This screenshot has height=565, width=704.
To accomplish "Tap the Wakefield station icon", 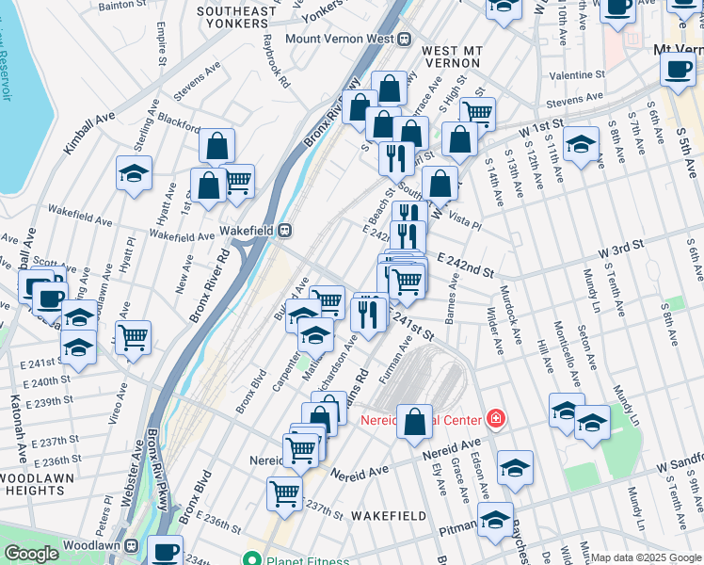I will [x=282, y=230].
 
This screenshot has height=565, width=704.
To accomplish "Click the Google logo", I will [x=31, y=554].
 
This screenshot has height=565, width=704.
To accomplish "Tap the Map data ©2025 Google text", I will [x=646, y=557].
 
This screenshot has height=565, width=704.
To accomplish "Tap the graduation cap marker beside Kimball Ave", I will [x=135, y=174].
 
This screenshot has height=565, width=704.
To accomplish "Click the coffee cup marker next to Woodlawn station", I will [x=167, y=551].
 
